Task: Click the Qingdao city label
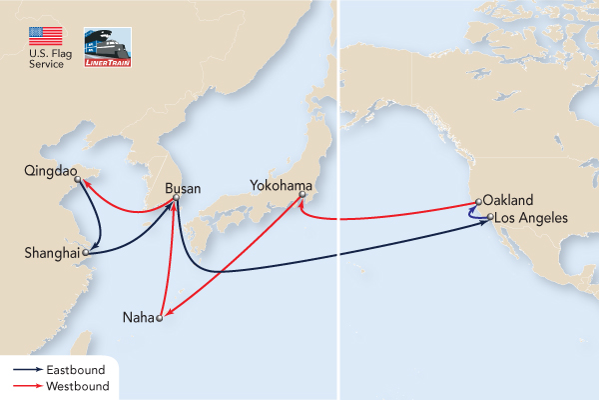(x=47, y=171)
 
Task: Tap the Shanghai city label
(x=50, y=254)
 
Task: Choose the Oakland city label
(x=509, y=199)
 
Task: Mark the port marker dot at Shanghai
(x=86, y=254)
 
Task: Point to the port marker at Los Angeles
(x=490, y=216)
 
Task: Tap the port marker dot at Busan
(x=175, y=200)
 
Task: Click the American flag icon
(x=46, y=39)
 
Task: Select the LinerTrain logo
(x=107, y=47)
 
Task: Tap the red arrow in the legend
(x=23, y=385)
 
